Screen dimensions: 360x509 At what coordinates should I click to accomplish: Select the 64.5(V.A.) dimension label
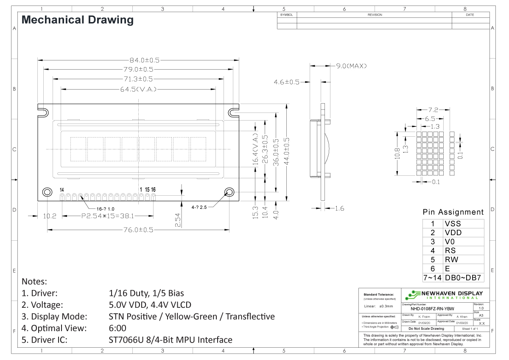[138, 90]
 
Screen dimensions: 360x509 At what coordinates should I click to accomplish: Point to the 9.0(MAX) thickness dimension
[351, 66]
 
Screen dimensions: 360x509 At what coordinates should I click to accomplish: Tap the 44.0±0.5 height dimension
[287, 152]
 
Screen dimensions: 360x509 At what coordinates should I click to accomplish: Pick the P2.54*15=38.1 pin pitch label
[108, 216]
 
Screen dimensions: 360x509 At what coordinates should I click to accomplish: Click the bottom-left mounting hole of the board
[46, 192]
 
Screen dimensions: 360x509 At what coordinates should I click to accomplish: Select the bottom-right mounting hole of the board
[229, 191]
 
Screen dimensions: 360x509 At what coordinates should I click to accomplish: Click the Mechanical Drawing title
[77, 20]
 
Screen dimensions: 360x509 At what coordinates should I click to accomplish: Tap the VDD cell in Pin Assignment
[453, 233]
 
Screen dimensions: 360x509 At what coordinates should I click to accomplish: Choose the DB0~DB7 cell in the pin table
[463, 278]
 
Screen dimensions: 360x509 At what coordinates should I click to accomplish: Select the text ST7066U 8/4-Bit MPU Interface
[171, 340]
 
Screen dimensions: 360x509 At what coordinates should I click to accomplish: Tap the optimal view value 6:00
[117, 328]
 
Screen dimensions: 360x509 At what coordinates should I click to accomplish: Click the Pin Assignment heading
[453, 212]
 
